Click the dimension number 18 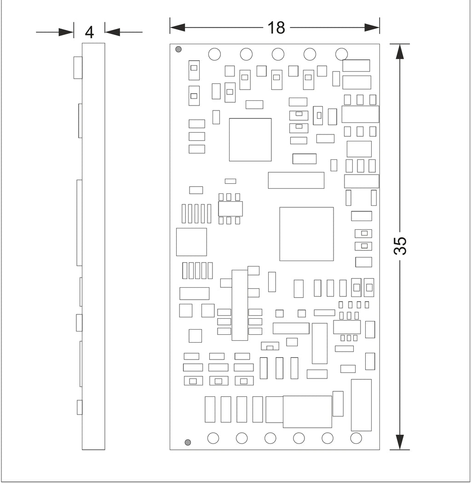tap(276, 28)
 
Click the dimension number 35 tap(400, 246)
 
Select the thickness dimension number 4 tap(89, 32)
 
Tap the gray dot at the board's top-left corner tap(178, 49)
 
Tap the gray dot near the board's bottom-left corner tap(188, 442)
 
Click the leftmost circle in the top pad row tap(214, 54)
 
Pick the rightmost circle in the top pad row tap(341, 54)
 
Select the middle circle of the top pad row tap(278, 54)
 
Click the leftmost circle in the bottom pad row tap(213, 438)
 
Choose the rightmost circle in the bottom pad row tap(356, 438)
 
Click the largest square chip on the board tap(306, 234)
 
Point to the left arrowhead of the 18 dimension tap(178, 28)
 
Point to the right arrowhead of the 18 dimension tap(372, 28)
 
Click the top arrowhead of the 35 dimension tap(400, 52)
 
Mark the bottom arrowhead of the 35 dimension tap(400, 442)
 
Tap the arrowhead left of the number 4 tap(66, 32)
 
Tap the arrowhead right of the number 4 tap(112, 32)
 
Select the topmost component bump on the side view tap(78, 68)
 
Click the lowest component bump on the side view tap(80, 407)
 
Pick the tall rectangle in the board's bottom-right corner tap(361, 405)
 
